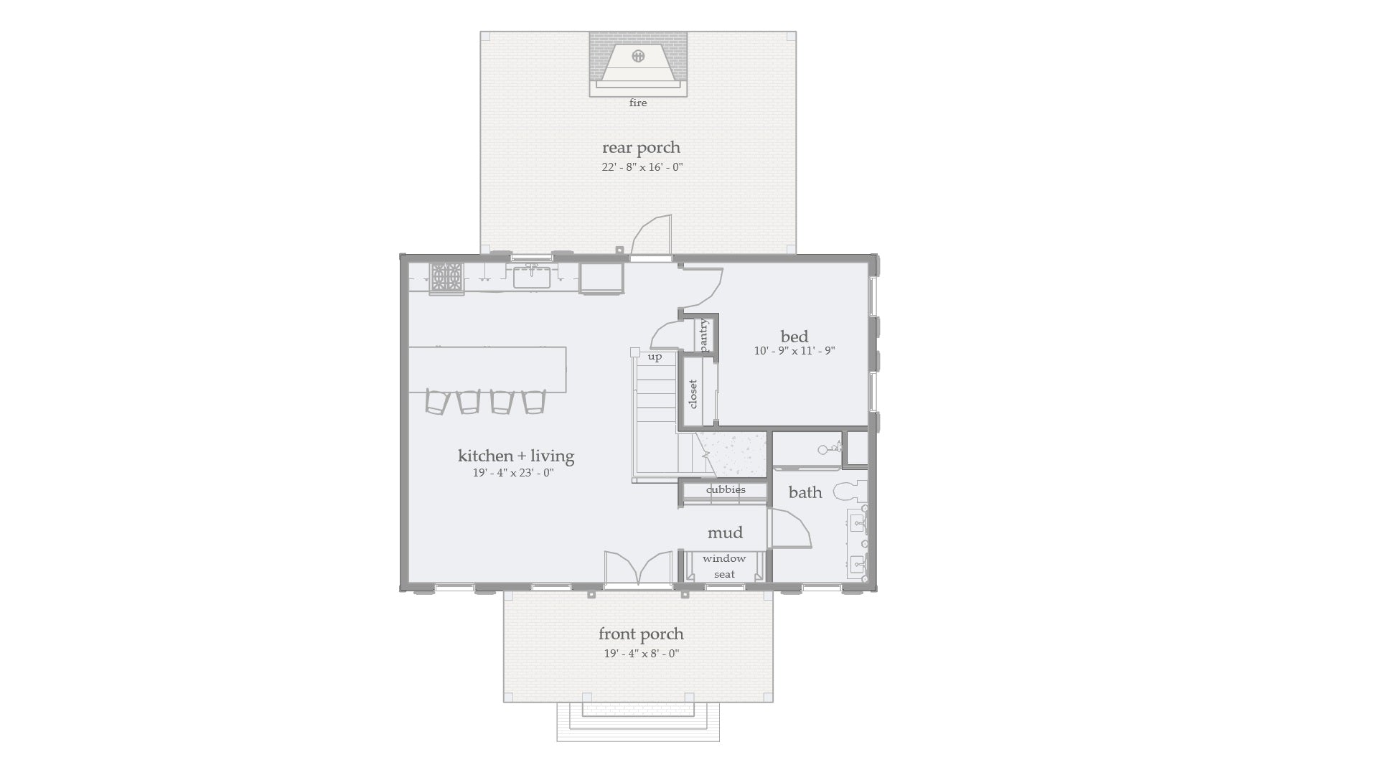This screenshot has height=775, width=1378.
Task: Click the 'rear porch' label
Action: point(641,148)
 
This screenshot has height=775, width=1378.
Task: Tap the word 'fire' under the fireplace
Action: point(638,103)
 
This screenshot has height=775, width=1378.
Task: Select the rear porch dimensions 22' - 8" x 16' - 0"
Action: point(642,167)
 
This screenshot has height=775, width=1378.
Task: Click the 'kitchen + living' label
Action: point(515,456)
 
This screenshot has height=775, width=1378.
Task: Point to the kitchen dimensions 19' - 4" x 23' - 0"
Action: point(513,473)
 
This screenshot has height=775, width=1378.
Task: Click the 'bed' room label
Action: point(794,337)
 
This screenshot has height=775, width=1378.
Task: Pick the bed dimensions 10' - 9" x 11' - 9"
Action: point(794,352)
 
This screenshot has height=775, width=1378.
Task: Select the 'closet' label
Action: point(693,394)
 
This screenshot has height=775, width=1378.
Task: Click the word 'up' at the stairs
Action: point(655,357)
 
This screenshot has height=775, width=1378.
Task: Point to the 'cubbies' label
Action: point(726,490)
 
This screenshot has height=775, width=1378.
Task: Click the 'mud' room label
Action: point(725,532)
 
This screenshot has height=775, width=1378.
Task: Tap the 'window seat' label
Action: point(724,566)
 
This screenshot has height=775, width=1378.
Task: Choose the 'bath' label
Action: point(805,492)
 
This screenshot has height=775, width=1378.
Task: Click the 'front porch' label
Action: point(641,634)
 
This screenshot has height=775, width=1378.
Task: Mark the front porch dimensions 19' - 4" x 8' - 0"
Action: point(641,654)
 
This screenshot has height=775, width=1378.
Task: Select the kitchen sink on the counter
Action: point(532,276)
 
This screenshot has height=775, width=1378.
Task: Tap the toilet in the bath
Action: point(848,492)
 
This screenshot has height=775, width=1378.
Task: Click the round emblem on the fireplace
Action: point(638,56)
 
